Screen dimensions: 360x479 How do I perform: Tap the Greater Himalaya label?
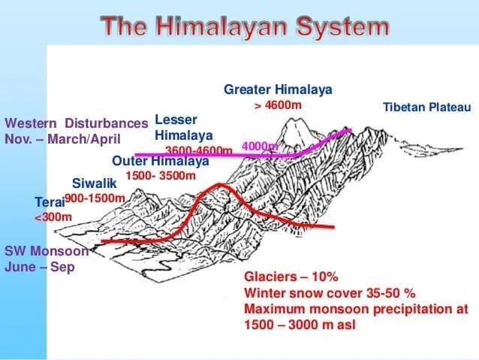coord(278,89)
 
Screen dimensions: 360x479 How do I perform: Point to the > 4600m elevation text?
coord(278,105)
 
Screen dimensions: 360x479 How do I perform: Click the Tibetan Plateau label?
coord(426,107)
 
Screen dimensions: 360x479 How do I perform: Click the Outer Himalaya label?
coord(160,161)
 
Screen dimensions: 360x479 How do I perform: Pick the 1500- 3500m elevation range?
coord(161,176)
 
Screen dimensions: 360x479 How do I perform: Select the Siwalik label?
coord(95,183)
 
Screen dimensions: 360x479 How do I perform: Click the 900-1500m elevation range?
coord(95,198)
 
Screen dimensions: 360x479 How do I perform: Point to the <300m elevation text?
coord(53,217)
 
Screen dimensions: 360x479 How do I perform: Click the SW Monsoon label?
coord(47,251)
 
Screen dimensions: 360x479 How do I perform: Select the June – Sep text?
coord(40,267)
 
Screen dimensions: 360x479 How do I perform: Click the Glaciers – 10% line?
coord(293,276)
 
